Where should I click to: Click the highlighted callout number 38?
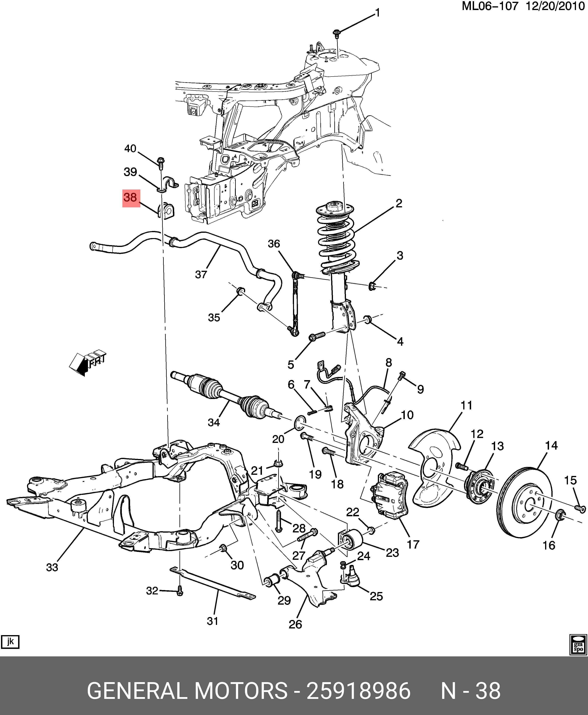(130, 198)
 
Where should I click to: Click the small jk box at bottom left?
(10, 641)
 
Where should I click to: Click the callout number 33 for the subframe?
(52, 567)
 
